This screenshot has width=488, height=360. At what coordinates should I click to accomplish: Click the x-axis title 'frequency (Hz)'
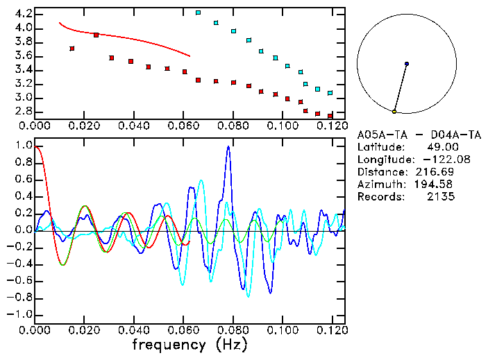(190, 344)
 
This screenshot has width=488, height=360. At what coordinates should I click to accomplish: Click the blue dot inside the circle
(407, 64)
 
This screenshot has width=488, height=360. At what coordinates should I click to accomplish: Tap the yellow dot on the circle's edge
(394, 112)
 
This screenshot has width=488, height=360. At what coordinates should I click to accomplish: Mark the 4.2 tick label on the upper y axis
(23, 14)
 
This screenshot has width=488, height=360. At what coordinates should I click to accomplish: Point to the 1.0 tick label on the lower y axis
(23, 146)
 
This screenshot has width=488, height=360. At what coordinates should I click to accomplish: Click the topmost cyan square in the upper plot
(199, 12)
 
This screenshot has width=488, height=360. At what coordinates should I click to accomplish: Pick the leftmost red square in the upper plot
(72, 49)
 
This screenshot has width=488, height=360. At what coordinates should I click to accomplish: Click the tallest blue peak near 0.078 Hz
(228, 147)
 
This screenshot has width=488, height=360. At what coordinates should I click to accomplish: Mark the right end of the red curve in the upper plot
(190, 55)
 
